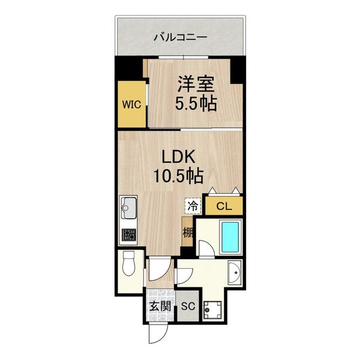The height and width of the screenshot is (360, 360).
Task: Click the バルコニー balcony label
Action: pyautogui.click(x=180, y=37)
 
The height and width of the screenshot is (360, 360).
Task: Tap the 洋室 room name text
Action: pyautogui.click(x=196, y=84)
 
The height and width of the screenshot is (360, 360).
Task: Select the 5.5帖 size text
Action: pyautogui.click(x=196, y=103)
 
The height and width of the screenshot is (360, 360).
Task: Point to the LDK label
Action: pyautogui.click(x=179, y=157)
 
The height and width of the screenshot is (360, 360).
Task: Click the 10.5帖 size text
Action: pyautogui.click(x=178, y=176)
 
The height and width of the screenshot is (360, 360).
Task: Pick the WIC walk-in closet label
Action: pyautogui.click(x=131, y=104)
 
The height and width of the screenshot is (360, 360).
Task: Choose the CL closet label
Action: pyautogui.click(x=224, y=206)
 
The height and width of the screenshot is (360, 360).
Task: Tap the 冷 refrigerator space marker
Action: pyautogui.click(x=193, y=206)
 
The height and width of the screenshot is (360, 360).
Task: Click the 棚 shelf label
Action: pyautogui.click(x=188, y=233)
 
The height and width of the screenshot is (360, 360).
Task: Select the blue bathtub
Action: pyautogui.click(x=230, y=238)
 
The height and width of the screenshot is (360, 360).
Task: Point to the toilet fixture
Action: pyautogui.click(x=128, y=263)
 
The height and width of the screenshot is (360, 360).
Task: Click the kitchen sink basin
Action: pyautogui.click(x=128, y=208)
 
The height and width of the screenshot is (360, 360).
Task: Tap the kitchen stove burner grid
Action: pyautogui.click(x=128, y=235)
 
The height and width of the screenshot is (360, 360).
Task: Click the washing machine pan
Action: pyautogui.click(x=212, y=310)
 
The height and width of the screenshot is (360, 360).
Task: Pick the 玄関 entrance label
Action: pyautogui.click(x=160, y=306)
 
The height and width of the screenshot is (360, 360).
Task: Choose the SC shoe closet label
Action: pyautogui.click(x=188, y=306)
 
